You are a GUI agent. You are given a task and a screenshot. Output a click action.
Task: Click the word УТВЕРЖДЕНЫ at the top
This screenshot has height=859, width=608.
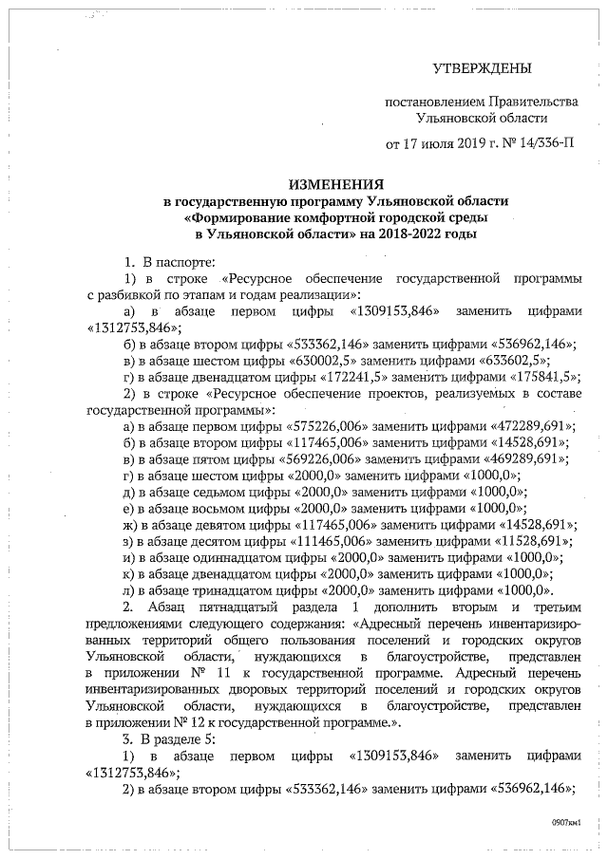(482, 68)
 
